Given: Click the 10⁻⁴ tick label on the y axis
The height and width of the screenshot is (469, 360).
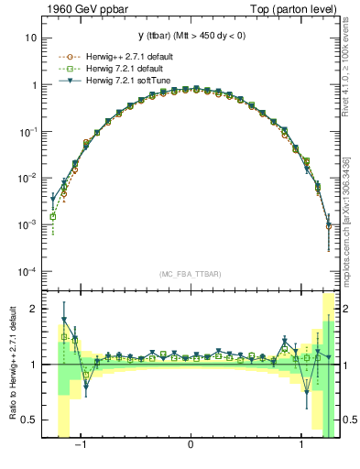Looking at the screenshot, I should pyautogui.click(x=28, y=272).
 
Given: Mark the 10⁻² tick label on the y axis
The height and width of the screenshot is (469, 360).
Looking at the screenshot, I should pyautogui.click(x=28, y=179).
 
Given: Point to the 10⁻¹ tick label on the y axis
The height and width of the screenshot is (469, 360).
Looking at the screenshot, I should pyautogui.click(x=28, y=132).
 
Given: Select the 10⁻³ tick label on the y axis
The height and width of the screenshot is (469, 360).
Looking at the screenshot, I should pyautogui.click(x=28, y=225).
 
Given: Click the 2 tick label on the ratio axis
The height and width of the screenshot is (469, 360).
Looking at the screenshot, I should pyautogui.click(x=34, y=310).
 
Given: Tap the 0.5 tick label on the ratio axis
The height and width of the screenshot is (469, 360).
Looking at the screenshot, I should pyautogui.click(x=30, y=420).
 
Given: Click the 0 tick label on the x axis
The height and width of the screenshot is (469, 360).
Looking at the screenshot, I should pyautogui.click(x=191, y=448).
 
